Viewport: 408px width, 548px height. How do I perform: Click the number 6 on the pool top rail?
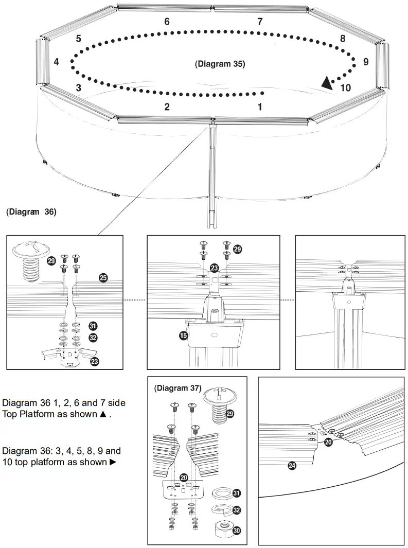(167, 22)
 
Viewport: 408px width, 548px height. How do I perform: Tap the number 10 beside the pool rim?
(346, 88)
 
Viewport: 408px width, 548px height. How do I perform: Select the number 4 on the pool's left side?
(56, 62)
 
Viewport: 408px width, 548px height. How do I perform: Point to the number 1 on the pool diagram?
(260, 107)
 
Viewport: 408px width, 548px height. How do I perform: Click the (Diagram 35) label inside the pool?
(220, 64)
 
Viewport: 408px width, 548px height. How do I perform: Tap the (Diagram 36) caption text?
(31, 211)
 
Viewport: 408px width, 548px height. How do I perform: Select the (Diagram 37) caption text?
(178, 387)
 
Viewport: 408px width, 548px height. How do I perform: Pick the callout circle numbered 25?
(103, 278)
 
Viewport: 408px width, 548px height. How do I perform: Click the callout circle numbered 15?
(183, 336)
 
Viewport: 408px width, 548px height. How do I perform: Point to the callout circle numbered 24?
(292, 466)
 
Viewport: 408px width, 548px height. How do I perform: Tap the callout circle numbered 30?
(237, 530)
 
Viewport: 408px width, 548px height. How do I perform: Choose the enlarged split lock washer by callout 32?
(221, 510)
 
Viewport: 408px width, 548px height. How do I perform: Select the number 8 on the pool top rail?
(342, 39)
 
